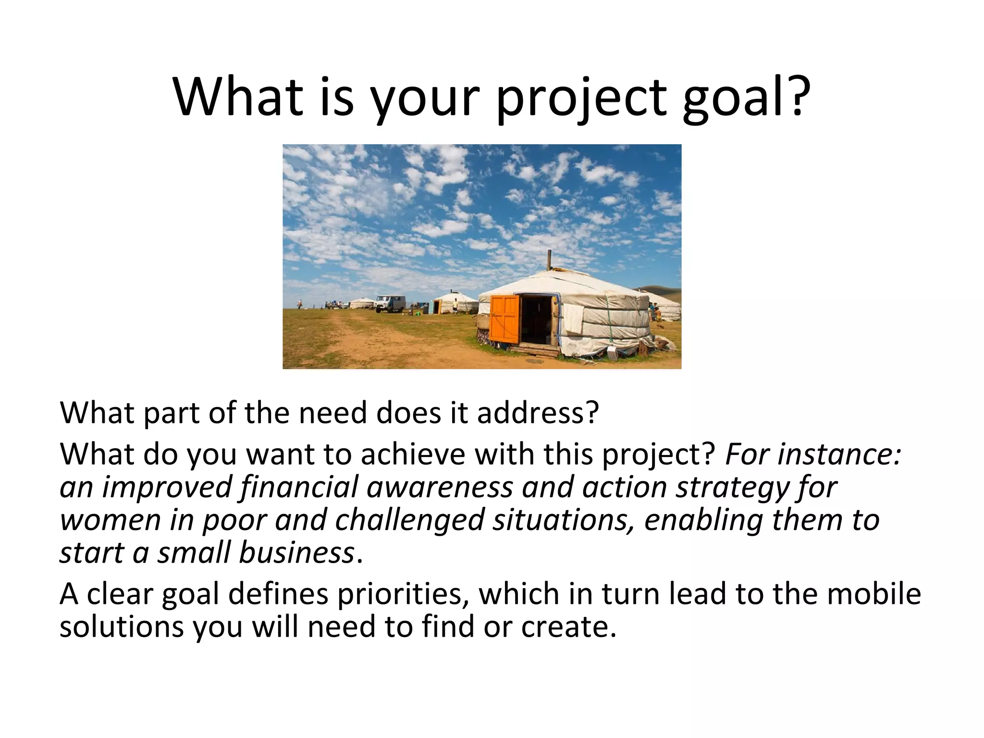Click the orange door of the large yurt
[504, 319]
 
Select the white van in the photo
[390, 304]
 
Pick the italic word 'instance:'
[839, 454]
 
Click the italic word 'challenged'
[409, 520]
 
